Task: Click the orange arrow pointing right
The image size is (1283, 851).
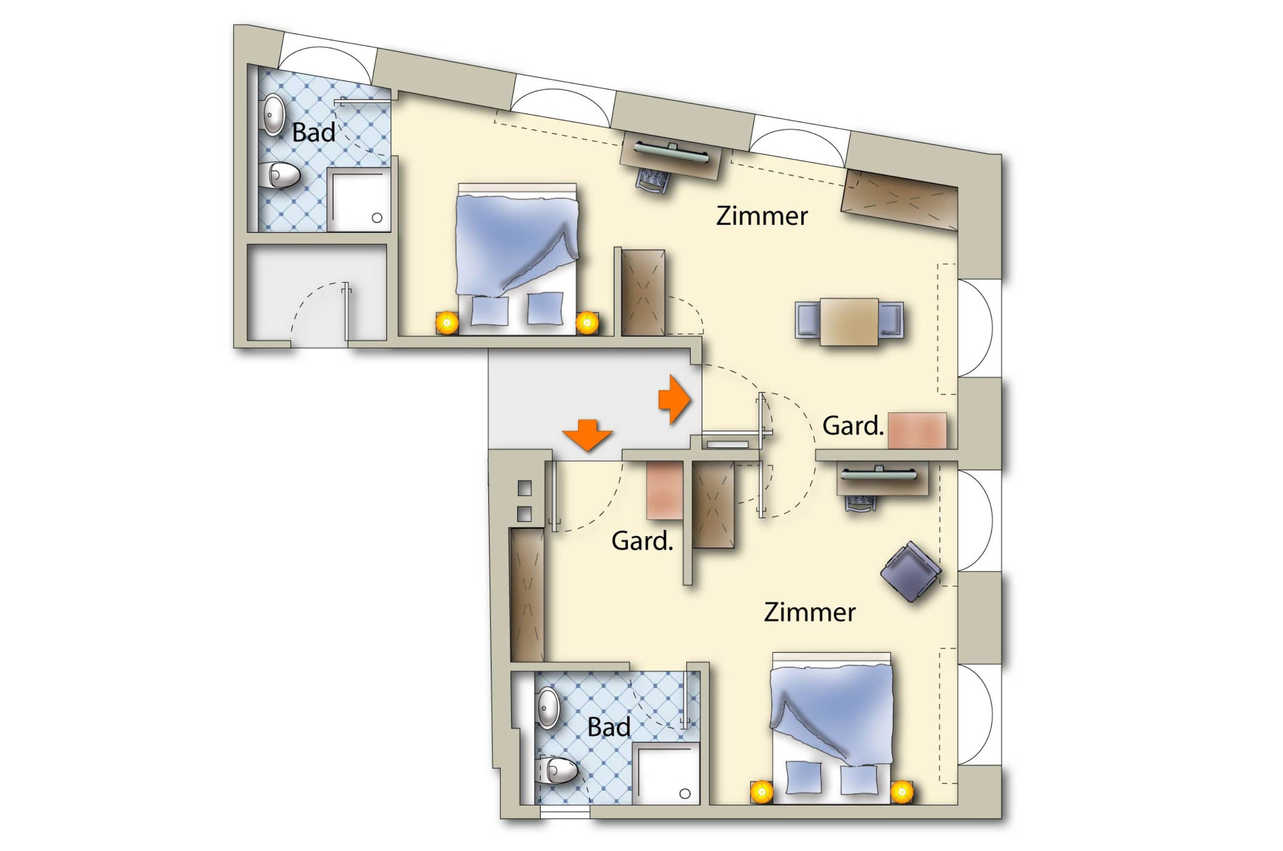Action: click(674, 399)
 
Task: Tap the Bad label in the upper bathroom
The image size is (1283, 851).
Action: click(313, 133)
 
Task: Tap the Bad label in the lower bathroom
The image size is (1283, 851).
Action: click(609, 727)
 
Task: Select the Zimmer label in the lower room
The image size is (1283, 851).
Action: click(810, 613)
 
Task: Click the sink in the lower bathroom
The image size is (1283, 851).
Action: click(548, 708)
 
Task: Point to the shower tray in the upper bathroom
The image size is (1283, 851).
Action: click(358, 200)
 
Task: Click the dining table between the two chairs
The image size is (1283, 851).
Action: click(849, 321)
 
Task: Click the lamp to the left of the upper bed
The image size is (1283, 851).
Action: click(447, 324)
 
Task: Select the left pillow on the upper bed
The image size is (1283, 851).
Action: click(489, 311)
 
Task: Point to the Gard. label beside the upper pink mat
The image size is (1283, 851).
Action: click(853, 426)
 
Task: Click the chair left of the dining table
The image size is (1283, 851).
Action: click(808, 321)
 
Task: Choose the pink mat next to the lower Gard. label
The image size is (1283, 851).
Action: click(664, 490)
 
